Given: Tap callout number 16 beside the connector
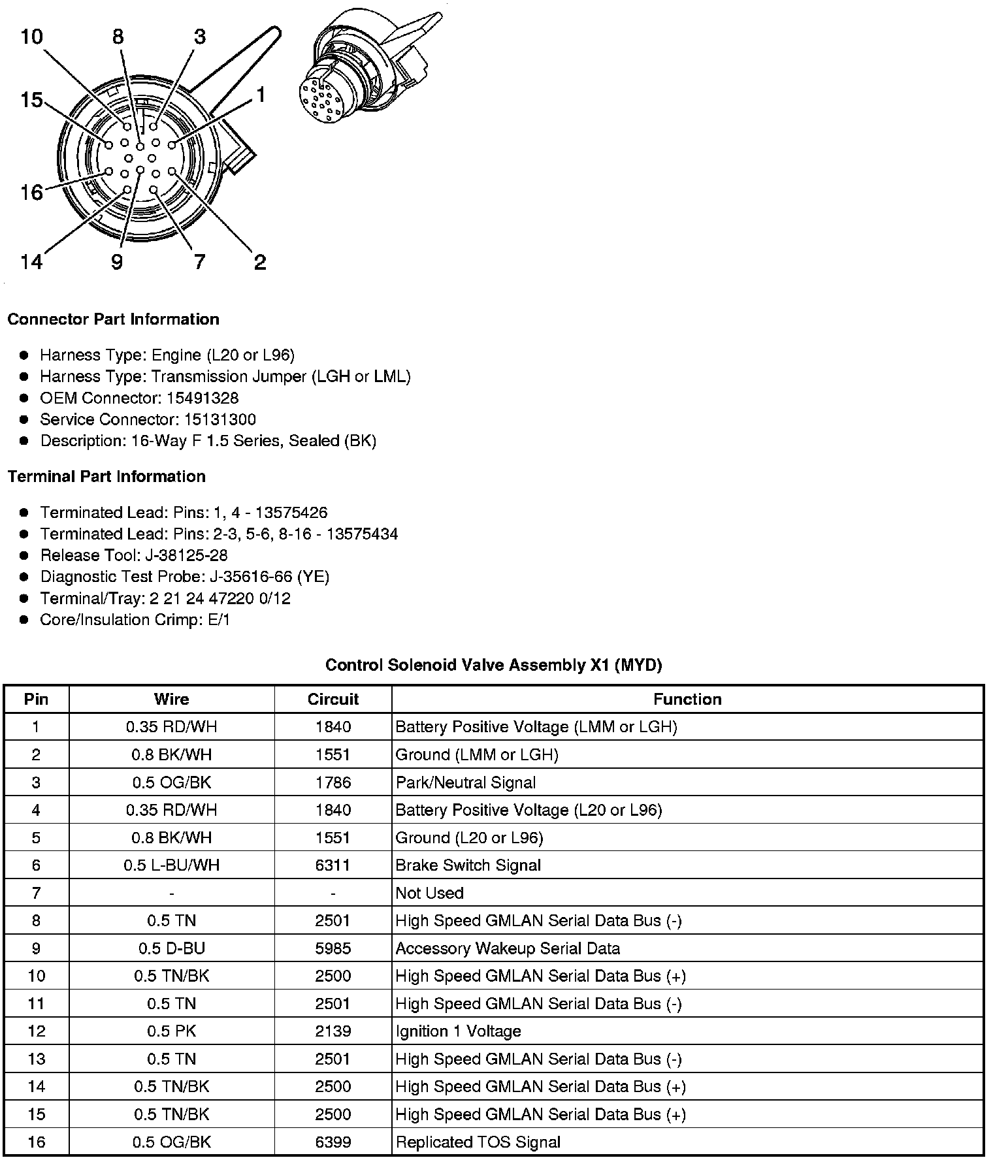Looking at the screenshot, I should point(31,192).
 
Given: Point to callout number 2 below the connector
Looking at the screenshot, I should point(260,263).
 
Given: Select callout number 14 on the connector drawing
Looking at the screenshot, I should point(31,262).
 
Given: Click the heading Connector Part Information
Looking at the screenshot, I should point(113,319).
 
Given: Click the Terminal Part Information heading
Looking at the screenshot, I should point(106,477).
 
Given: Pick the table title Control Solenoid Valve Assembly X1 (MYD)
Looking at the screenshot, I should point(493,665).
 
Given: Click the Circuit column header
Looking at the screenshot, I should point(333,699).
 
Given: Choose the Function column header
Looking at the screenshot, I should point(687,699).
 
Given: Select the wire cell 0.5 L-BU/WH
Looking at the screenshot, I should point(171,865).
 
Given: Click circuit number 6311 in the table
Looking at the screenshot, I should point(333,865).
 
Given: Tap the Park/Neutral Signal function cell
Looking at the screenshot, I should point(465,782).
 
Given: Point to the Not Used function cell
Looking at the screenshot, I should point(429,893).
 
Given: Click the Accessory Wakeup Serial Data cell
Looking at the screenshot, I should point(508,948).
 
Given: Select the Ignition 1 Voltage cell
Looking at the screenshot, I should point(458,1031).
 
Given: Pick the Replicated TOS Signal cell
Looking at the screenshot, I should point(478,1142).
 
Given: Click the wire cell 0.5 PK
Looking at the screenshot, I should point(171,1031).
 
